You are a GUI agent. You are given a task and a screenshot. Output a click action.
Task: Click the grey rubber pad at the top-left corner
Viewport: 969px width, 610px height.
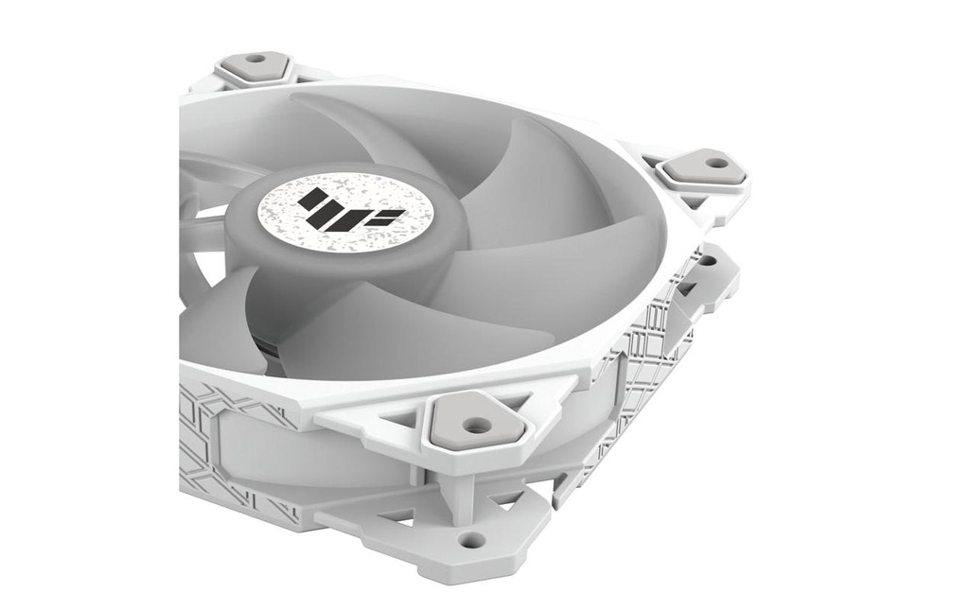point(254,67)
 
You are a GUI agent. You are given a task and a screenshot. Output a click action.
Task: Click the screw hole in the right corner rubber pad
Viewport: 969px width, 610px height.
point(715,163)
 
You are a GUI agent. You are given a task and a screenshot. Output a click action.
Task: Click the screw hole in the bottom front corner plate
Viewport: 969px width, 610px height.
point(470,540)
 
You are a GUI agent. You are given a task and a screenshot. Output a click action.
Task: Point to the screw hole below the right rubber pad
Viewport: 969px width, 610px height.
point(707,260)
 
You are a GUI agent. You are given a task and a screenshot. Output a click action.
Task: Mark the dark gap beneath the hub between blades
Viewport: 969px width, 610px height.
point(269,345)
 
